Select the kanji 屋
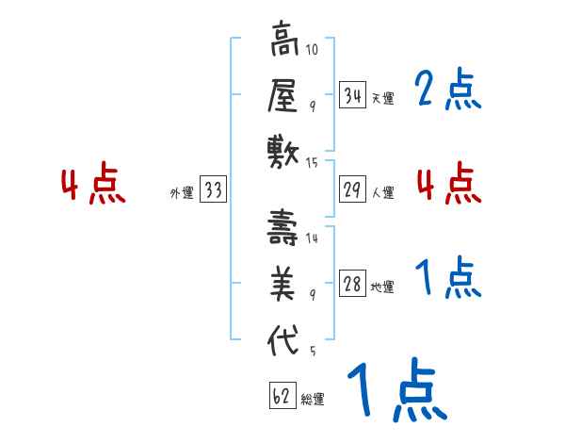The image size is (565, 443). [282, 96]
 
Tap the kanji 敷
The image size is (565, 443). [282, 151]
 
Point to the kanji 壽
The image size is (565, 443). [282, 229]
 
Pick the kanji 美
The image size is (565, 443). [282, 284]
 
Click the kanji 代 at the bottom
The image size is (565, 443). [282, 337]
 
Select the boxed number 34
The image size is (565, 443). [352, 95]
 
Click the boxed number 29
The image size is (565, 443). [352, 189]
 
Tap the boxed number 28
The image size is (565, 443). [352, 285]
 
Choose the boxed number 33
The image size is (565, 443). [213, 190]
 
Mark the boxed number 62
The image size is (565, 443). [282, 396]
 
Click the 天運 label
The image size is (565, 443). [382, 98]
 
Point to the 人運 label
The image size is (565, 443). [382, 192]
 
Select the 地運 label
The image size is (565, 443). [382, 287]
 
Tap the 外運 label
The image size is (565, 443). [182, 193]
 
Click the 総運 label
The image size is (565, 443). [312, 399]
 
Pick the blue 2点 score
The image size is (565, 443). [447, 91]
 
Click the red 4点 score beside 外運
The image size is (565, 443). [94, 185]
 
